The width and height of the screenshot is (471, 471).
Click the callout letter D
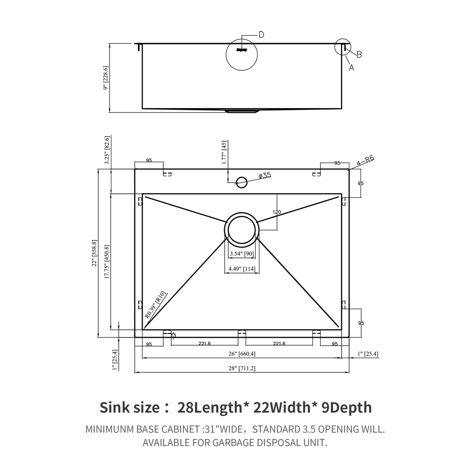coord(261,35)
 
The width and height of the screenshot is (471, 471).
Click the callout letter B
coord(359,54)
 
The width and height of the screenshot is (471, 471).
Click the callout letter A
coord(351,67)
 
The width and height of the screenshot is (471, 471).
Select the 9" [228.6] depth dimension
coord(105,78)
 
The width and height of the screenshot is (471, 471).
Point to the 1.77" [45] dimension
coord(224,152)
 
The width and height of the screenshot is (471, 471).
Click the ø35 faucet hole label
coord(265,176)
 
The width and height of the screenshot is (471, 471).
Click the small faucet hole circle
coord(242,182)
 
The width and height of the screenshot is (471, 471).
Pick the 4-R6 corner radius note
coord(365,161)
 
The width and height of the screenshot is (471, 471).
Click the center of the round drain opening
coord(242,230)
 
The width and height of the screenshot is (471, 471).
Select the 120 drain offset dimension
coord(277,212)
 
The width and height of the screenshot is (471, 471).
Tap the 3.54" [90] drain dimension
coord(242,254)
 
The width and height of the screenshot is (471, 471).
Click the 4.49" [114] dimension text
coord(242,269)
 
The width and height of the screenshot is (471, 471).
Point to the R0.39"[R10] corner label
coord(156,304)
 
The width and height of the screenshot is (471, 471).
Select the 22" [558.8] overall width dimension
coord(95,253)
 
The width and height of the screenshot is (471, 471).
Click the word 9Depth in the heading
coord(346,407)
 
